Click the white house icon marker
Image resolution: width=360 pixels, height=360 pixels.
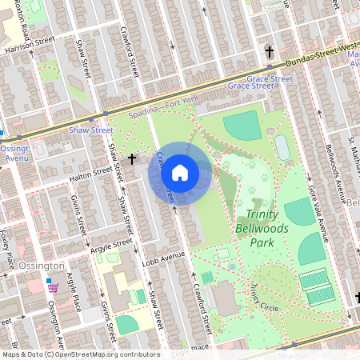tap(180, 172)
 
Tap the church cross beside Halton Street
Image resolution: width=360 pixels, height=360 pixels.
tap(133, 159)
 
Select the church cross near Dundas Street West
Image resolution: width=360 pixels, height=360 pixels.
tap(270, 52)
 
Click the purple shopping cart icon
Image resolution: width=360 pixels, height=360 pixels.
tap(52, 286)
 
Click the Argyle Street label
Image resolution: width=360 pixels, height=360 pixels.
tap(110, 243)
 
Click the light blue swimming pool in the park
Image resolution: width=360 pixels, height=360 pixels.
tap(282, 146)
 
